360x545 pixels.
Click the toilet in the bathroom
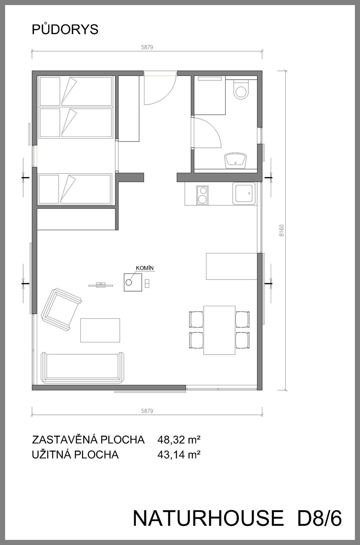pyautogui.click(x=241, y=89)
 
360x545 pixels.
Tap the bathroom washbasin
pyautogui.click(x=235, y=160)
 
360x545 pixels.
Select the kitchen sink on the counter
pyautogui.click(x=244, y=193)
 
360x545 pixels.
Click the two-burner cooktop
pyautogui.click(x=202, y=195)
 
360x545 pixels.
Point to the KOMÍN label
pyautogui.click(x=145, y=268)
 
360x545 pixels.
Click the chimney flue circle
pyautogui.click(x=129, y=282)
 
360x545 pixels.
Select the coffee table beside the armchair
pyautogui.click(x=100, y=330)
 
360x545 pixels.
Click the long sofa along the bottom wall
pyautogui.click(x=82, y=368)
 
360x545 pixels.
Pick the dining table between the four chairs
pyautogui.click(x=219, y=330)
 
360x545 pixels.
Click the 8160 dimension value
pyautogui.click(x=282, y=231)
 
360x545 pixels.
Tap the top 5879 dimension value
pyautogui.click(x=147, y=47)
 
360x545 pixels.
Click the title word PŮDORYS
pyautogui.click(x=65, y=29)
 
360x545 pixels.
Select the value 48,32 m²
pyautogui.click(x=179, y=440)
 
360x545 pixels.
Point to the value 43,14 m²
pyautogui.click(x=179, y=454)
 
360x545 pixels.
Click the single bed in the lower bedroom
pyautogui.click(x=75, y=189)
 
